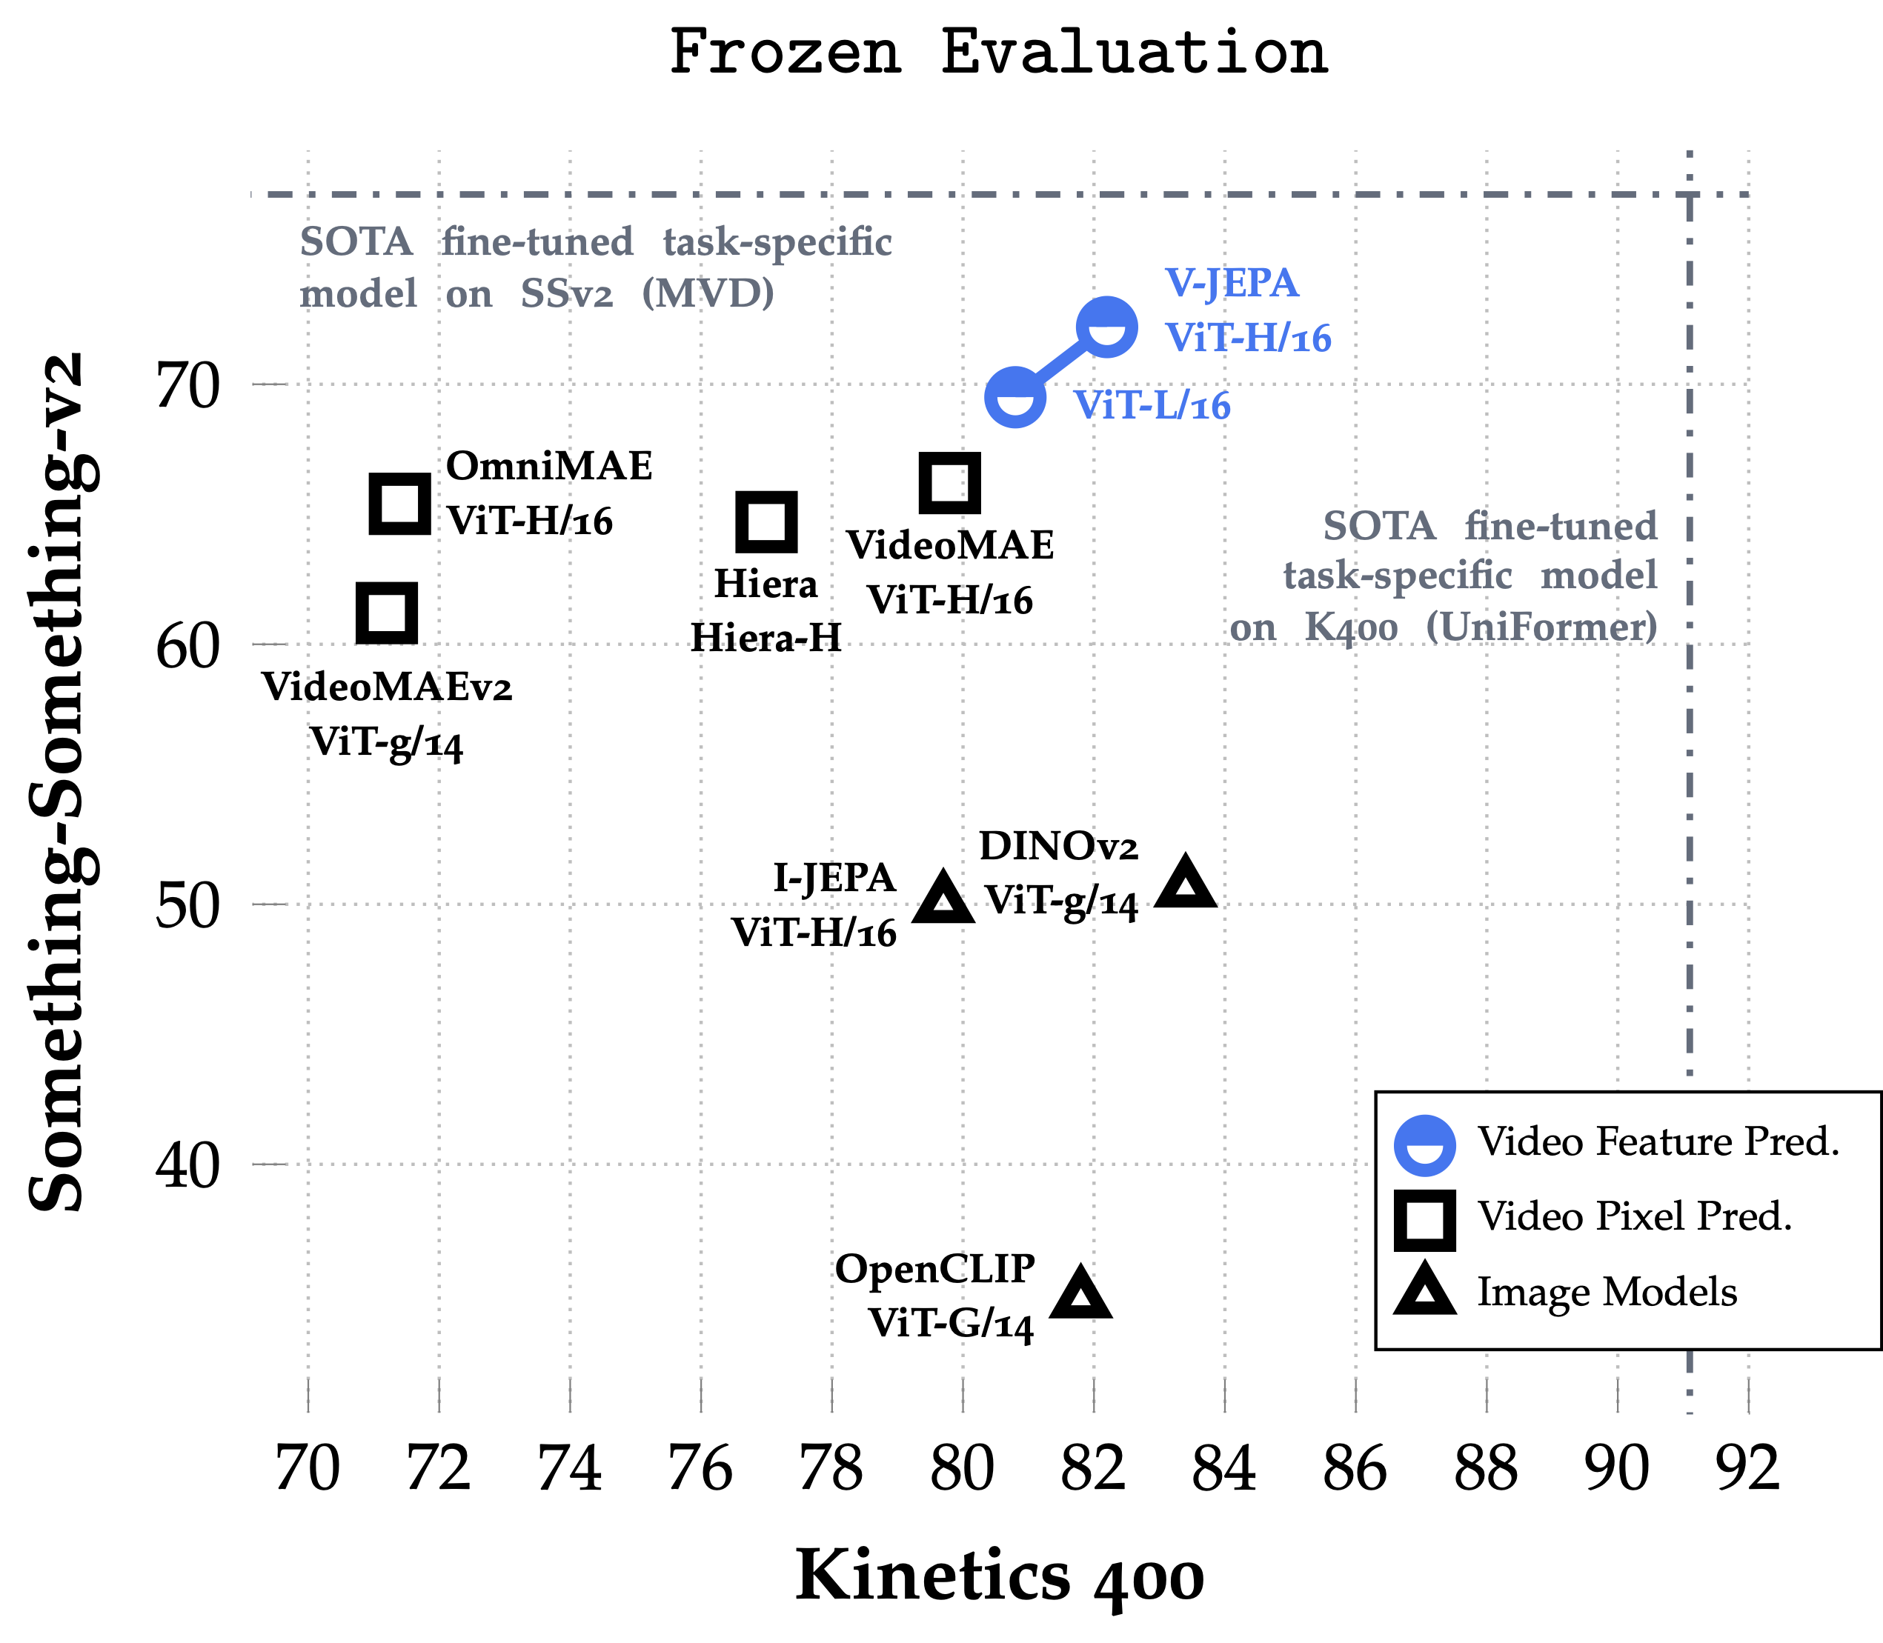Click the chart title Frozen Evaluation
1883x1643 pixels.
click(x=998, y=53)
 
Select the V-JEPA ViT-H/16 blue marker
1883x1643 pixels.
click(x=1107, y=327)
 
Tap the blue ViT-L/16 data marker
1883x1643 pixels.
click(x=1014, y=397)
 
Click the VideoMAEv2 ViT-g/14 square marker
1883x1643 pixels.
click(x=386, y=613)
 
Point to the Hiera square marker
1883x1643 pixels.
click(x=767, y=521)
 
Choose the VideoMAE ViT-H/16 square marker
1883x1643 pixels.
click(x=949, y=482)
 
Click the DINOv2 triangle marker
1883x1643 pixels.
click(x=1185, y=883)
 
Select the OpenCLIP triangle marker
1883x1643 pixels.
click(x=1080, y=1293)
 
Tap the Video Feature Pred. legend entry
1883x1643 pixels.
click(x=1614, y=1142)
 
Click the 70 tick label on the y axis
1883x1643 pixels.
click(x=188, y=385)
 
